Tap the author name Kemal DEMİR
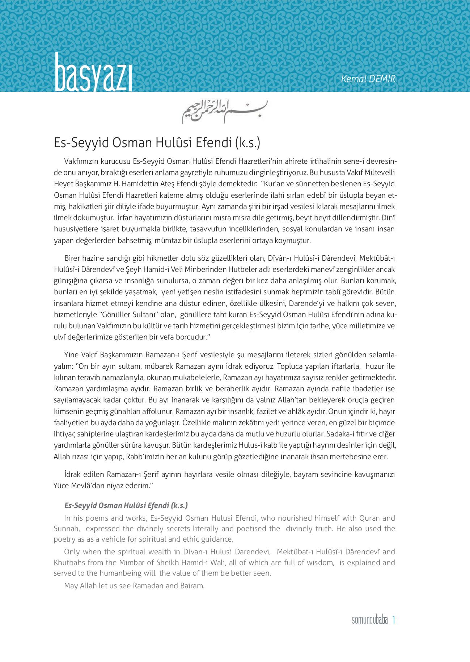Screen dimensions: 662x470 pyautogui.click(x=368, y=79)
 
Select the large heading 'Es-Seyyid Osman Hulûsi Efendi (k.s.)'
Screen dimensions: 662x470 pyautogui.click(x=157, y=143)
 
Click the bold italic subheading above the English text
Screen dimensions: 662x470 pyautogui.click(x=126, y=505)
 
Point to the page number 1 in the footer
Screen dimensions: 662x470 pyautogui.click(x=393, y=620)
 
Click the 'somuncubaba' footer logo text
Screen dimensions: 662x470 pyautogui.click(x=369, y=620)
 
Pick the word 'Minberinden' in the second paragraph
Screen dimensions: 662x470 pyautogui.click(x=210, y=269)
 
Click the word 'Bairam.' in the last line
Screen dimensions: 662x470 pyautogui.click(x=192, y=586)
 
